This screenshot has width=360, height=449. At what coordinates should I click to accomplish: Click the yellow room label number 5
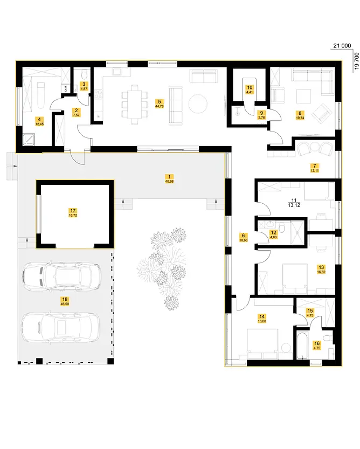click(x=158, y=101)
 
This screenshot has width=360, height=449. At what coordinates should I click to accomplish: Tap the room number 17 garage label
click(x=72, y=211)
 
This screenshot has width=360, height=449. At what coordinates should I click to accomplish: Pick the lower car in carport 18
click(x=60, y=327)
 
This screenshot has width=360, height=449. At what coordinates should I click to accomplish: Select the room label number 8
click(x=299, y=113)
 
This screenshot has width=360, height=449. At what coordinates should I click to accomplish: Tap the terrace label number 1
click(x=169, y=176)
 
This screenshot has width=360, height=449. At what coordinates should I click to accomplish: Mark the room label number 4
click(x=38, y=120)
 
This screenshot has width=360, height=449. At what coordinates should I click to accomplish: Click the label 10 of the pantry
click(x=249, y=87)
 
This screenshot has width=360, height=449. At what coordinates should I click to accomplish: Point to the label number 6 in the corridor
click(x=244, y=236)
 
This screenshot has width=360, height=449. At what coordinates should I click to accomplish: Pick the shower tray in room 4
click(x=28, y=139)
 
